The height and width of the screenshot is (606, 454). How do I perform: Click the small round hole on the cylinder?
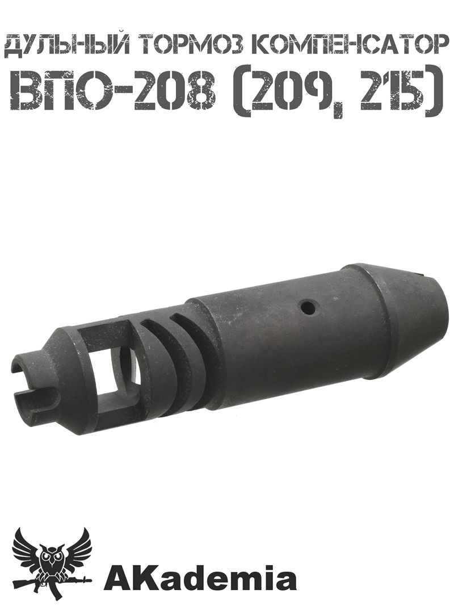click(x=308, y=308)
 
